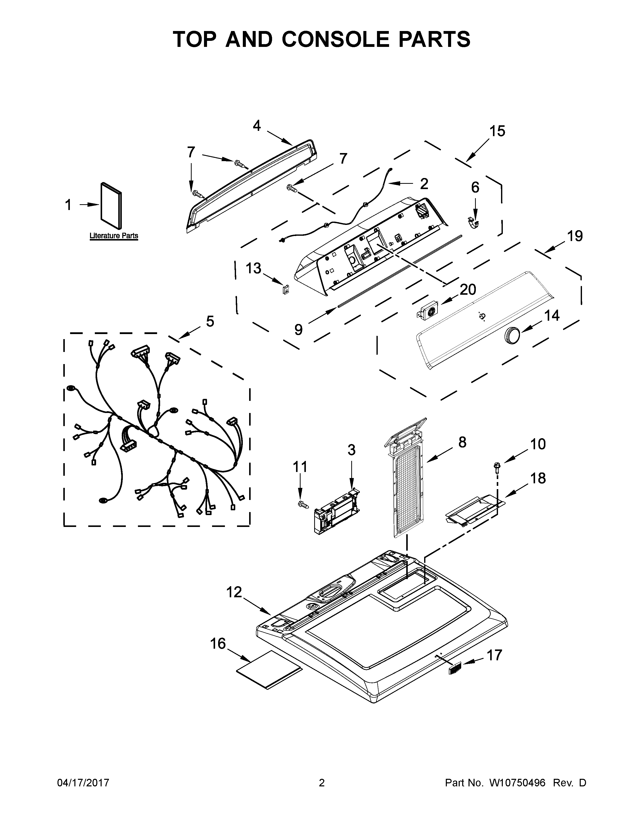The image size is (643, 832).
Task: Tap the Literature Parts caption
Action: pyautogui.click(x=113, y=236)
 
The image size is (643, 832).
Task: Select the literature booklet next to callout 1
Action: pyautogui.click(x=111, y=207)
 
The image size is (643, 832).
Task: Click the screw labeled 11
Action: pyautogui.click(x=303, y=504)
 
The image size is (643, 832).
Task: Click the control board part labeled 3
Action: pyautogui.click(x=335, y=511)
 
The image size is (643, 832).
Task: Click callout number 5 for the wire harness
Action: pyautogui.click(x=210, y=321)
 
